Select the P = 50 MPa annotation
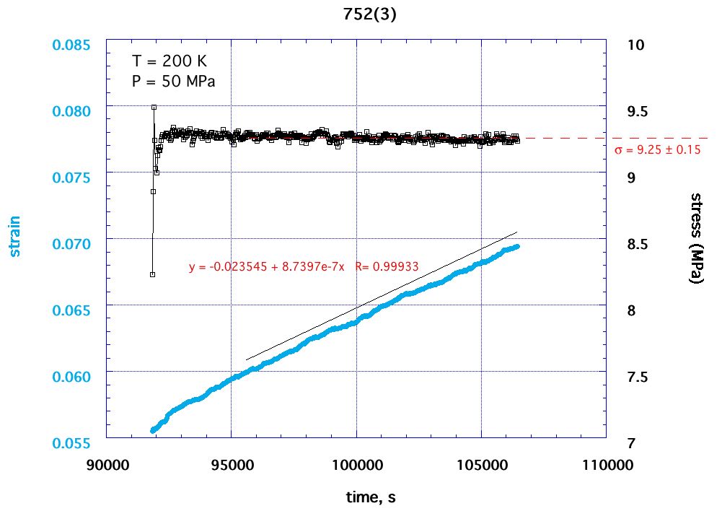point(174,82)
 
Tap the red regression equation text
point(304,266)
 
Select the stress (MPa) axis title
point(697,238)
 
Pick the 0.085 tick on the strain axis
point(72,45)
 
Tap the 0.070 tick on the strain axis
point(72,244)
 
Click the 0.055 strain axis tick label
point(72,443)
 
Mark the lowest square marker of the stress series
point(152,274)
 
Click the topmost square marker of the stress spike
point(154,108)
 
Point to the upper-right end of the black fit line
point(517,232)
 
